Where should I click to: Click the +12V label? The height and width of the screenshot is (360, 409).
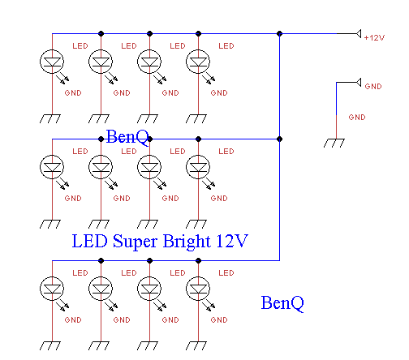[x=374, y=38]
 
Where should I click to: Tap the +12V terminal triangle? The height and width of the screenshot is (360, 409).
[x=359, y=34]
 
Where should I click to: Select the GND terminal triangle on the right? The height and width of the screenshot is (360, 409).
[x=359, y=83]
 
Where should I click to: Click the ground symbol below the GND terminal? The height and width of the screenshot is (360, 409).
[x=334, y=143]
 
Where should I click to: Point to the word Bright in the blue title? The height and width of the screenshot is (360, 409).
[x=187, y=241]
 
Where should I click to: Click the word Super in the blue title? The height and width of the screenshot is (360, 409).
[x=135, y=242]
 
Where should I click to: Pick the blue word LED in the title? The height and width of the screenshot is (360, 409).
[x=90, y=241]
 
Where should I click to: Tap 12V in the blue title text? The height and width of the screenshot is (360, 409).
[x=232, y=241]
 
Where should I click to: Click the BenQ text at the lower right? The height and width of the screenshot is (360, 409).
[x=282, y=303]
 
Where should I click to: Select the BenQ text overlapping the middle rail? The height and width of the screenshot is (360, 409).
[x=127, y=137]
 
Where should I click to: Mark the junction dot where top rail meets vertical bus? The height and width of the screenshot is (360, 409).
[x=279, y=34]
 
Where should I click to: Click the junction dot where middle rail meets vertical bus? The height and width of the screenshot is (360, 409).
[x=279, y=139]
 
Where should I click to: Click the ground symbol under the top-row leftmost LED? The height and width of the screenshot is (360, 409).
[x=50, y=118]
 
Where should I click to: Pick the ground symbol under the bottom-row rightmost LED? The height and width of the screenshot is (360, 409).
[x=196, y=345]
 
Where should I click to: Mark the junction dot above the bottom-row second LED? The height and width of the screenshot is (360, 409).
[x=101, y=261]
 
